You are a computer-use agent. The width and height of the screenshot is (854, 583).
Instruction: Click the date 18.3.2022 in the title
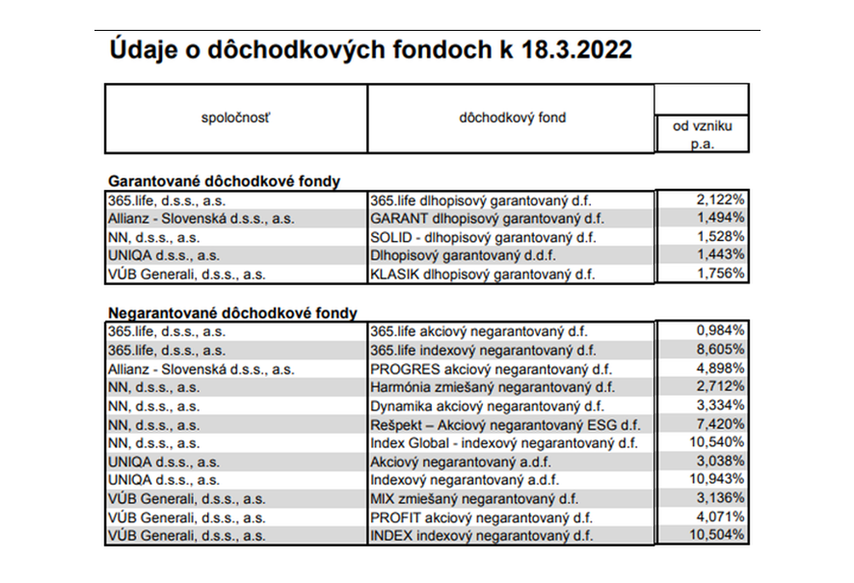tap(575, 50)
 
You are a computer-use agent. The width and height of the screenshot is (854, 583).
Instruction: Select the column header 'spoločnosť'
tap(236, 119)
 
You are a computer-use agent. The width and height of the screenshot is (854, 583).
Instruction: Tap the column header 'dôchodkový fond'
tap(512, 119)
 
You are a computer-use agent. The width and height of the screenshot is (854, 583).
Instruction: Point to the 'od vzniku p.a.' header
tap(701, 135)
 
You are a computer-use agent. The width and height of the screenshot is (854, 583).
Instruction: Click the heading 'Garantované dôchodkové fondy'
tap(224, 180)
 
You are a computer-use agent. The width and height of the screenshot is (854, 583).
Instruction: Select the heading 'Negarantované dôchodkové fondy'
tap(232, 312)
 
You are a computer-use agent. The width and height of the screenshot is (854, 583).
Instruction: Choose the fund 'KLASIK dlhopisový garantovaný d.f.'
tap(482, 274)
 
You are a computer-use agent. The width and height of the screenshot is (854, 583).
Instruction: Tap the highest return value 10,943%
tap(716, 479)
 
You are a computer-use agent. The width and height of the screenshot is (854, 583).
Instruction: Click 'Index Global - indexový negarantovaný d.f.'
tap(503, 442)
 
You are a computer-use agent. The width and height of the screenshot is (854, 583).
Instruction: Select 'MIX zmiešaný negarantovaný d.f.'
tap(474, 498)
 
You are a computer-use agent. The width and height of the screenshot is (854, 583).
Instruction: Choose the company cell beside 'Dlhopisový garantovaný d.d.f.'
tap(163, 255)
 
